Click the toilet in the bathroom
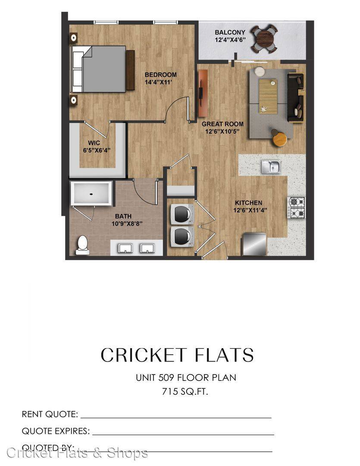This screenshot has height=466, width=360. click(x=83, y=245)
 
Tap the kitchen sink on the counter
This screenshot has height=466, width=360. click(x=271, y=167)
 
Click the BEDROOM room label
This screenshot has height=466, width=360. click(x=160, y=75)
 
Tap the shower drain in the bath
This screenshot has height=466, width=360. click(x=91, y=194)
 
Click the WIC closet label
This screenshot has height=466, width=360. click(x=94, y=143)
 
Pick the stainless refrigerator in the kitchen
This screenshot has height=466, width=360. click(x=254, y=244)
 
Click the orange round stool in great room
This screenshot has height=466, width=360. click(x=280, y=139)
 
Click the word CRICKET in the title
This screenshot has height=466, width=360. click(x=144, y=355)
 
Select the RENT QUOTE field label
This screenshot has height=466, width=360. click(x=50, y=414)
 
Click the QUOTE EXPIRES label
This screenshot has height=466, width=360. click(x=56, y=431)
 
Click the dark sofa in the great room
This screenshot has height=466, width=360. click(x=295, y=98)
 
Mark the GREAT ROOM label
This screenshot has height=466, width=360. click(x=222, y=124)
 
